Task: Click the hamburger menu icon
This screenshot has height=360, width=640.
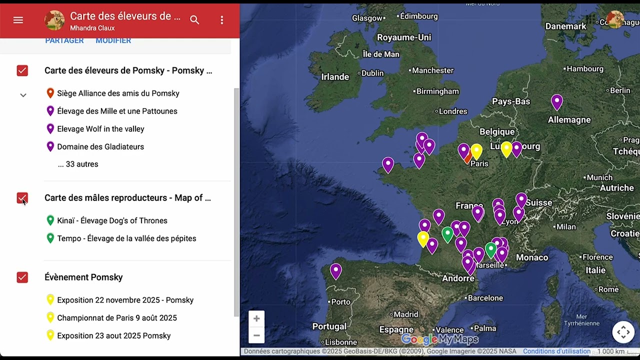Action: [x=18, y=20]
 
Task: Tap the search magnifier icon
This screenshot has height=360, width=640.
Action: [x=194, y=20]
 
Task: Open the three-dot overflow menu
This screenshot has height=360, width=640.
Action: [x=222, y=20]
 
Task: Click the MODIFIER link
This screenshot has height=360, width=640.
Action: [x=113, y=40]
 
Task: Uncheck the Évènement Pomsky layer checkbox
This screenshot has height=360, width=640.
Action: [x=22, y=277]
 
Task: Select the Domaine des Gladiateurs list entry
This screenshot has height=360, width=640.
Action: [x=100, y=146]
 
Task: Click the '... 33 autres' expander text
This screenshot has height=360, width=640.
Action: [x=78, y=164]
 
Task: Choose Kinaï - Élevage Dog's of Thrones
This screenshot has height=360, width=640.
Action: [x=112, y=220]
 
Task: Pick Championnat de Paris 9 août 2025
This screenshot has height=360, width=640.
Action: [x=117, y=318]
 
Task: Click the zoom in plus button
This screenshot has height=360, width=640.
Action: [x=256, y=318]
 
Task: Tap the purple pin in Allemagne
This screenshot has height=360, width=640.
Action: [x=556, y=101]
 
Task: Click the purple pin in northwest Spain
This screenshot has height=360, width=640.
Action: [x=336, y=270]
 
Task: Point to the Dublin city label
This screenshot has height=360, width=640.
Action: [x=372, y=73]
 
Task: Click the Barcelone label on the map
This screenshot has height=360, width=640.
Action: [x=485, y=298]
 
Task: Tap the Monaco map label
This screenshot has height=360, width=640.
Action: [x=532, y=257]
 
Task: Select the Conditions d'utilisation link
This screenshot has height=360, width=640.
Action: [x=556, y=351]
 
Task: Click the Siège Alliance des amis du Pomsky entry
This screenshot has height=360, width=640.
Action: [x=118, y=93]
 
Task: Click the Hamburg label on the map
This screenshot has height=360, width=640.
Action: [x=585, y=69]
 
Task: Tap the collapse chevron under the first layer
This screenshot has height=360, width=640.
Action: [x=23, y=95]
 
